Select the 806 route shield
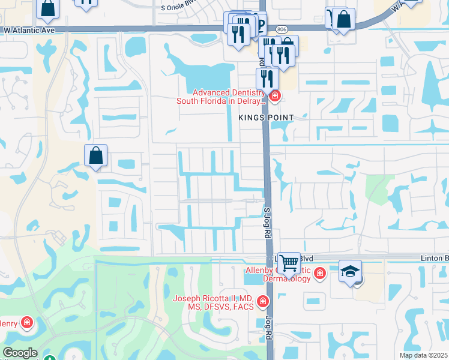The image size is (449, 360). [x=281, y=29]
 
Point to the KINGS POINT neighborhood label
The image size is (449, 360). [x=266, y=118]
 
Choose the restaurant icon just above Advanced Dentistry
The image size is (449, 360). [x=267, y=79]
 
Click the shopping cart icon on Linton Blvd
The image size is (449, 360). [x=289, y=262]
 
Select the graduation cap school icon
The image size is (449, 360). [x=350, y=271]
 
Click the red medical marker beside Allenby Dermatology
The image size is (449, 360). [x=320, y=274]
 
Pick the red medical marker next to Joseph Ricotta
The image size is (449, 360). [x=262, y=301]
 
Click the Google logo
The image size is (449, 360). [x=20, y=353]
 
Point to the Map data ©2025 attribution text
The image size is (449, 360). [x=423, y=355]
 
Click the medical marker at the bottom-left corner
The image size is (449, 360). [x=27, y=324]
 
